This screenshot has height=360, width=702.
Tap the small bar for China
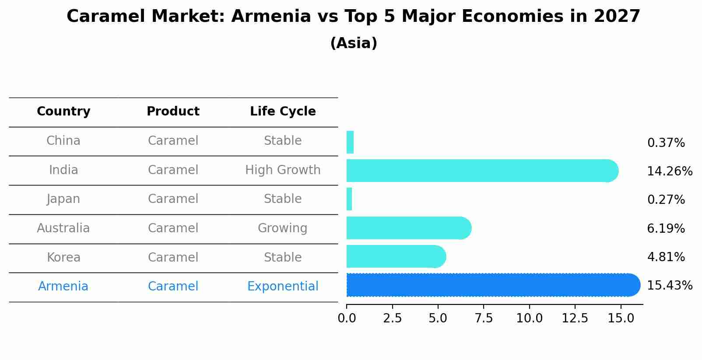coord(350,142)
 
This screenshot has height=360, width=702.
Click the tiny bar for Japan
coord(349,199)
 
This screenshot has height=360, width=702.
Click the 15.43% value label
coord(670,286)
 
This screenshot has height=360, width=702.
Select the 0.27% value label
coord(666,200)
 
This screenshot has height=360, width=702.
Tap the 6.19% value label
coord(666,228)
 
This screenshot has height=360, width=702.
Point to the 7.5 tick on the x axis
coord(484,318)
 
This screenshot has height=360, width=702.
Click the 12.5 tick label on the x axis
coord(575,318)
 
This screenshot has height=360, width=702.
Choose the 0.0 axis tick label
coord(347,318)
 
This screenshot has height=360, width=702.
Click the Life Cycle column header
coord(283,112)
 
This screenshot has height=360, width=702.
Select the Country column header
coord(63,112)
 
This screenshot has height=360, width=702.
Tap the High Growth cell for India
coord(283,170)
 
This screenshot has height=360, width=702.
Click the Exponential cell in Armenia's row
coord(283,287)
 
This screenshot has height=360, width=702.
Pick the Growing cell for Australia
coord(283,228)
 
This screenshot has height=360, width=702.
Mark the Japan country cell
coord(63,199)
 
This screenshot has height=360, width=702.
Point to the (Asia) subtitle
coord(354,43)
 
